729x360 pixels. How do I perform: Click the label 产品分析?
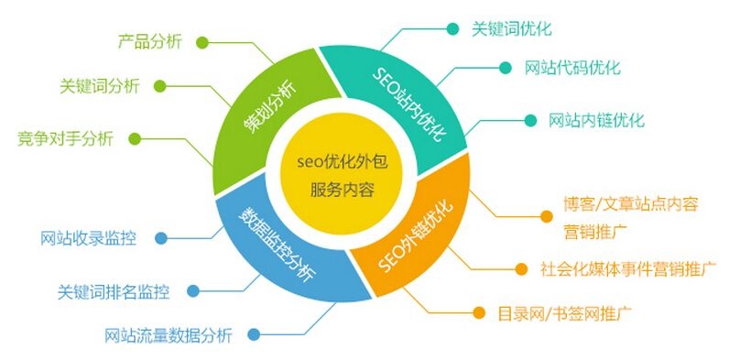(x=150, y=41)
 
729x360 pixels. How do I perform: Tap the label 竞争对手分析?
(x=65, y=138)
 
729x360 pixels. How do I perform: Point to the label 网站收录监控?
(x=88, y=239)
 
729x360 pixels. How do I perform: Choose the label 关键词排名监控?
(x=113, y=292)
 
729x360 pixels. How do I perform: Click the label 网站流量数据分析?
(x=169, y=335)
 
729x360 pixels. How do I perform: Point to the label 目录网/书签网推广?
(x=564, y=313)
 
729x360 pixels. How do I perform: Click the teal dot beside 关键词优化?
(x=452, y=28)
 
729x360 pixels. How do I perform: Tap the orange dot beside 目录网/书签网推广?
(x=478, y=313)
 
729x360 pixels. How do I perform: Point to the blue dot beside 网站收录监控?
(x=159, y=239)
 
